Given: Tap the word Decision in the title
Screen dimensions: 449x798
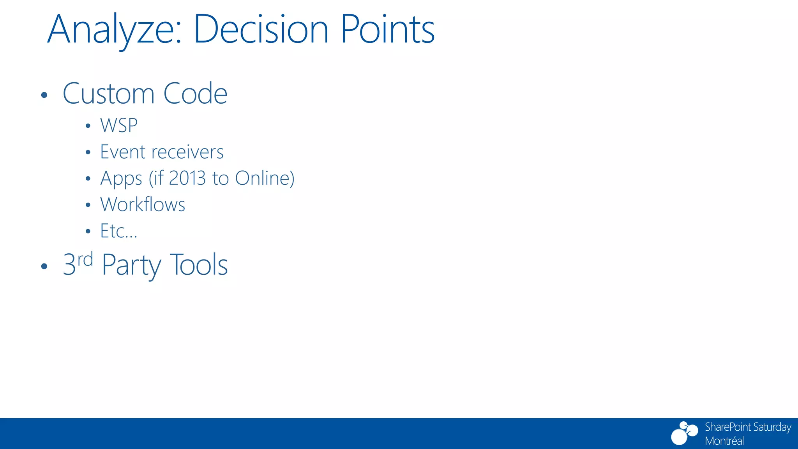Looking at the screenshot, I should pos(261,30).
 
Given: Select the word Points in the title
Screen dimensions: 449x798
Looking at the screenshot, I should pos(387,30).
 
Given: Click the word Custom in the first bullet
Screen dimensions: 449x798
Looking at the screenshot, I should pos(109,94).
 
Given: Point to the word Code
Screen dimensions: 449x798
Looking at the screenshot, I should pos(195,94).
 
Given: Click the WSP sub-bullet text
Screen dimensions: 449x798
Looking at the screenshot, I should pos(119,126).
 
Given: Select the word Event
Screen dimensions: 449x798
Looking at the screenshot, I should pos(122,152).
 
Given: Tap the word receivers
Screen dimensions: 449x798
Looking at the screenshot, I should pos(187,152).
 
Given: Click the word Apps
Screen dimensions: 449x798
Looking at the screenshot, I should pos(121,179).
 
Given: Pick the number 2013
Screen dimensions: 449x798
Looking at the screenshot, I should pos(187,178).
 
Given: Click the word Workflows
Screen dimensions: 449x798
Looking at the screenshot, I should pos(143,205).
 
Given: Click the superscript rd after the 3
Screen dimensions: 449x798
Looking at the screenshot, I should pos(85,259).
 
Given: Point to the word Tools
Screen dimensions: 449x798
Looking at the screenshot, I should pos(199,265).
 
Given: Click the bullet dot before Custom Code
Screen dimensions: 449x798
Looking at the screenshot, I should pos(44,95).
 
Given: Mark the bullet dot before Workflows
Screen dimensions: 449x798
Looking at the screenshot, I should pos(88,205).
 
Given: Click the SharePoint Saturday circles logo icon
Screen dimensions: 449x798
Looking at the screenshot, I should pos(684,433).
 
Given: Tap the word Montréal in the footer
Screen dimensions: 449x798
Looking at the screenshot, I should pos(724,441).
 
